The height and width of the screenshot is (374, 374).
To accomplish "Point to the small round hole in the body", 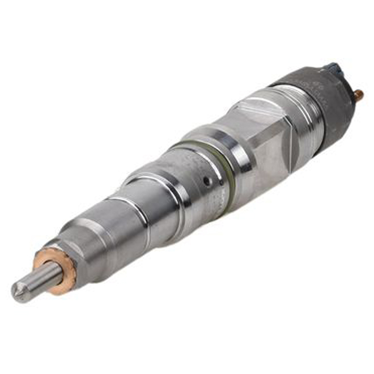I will tap(207, 182).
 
